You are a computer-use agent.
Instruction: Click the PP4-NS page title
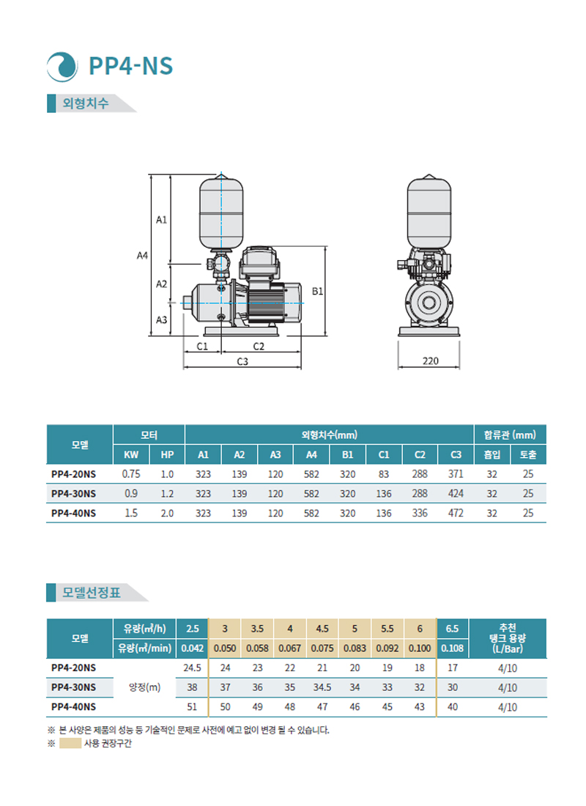pos(130,66)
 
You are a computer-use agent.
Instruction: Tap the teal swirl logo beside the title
pos(62,66)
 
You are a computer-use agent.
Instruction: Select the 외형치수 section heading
pos(86,103)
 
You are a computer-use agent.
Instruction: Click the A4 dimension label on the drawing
pos(143,256)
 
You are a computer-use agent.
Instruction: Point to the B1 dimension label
pos(317,292)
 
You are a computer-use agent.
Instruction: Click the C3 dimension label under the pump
pos(242,362)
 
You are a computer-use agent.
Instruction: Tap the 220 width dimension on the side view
pos(430,361)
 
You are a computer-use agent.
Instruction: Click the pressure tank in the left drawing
pos(220,210)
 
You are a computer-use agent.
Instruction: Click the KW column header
pos(131,455)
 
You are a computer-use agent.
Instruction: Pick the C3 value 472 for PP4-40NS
pos(456,514)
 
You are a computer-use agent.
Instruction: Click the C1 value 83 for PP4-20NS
pos(384,475)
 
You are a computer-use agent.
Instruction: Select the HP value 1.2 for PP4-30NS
pos(167,494)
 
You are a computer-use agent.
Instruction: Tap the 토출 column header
pos(528,455)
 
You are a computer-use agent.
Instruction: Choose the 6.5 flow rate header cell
pos(453,629)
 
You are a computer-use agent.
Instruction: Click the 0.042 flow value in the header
pos(193,648)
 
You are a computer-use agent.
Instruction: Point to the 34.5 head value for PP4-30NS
pos(322,688)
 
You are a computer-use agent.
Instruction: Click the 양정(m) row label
pos(144,687)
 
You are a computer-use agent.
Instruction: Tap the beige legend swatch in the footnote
pos(70,744)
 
